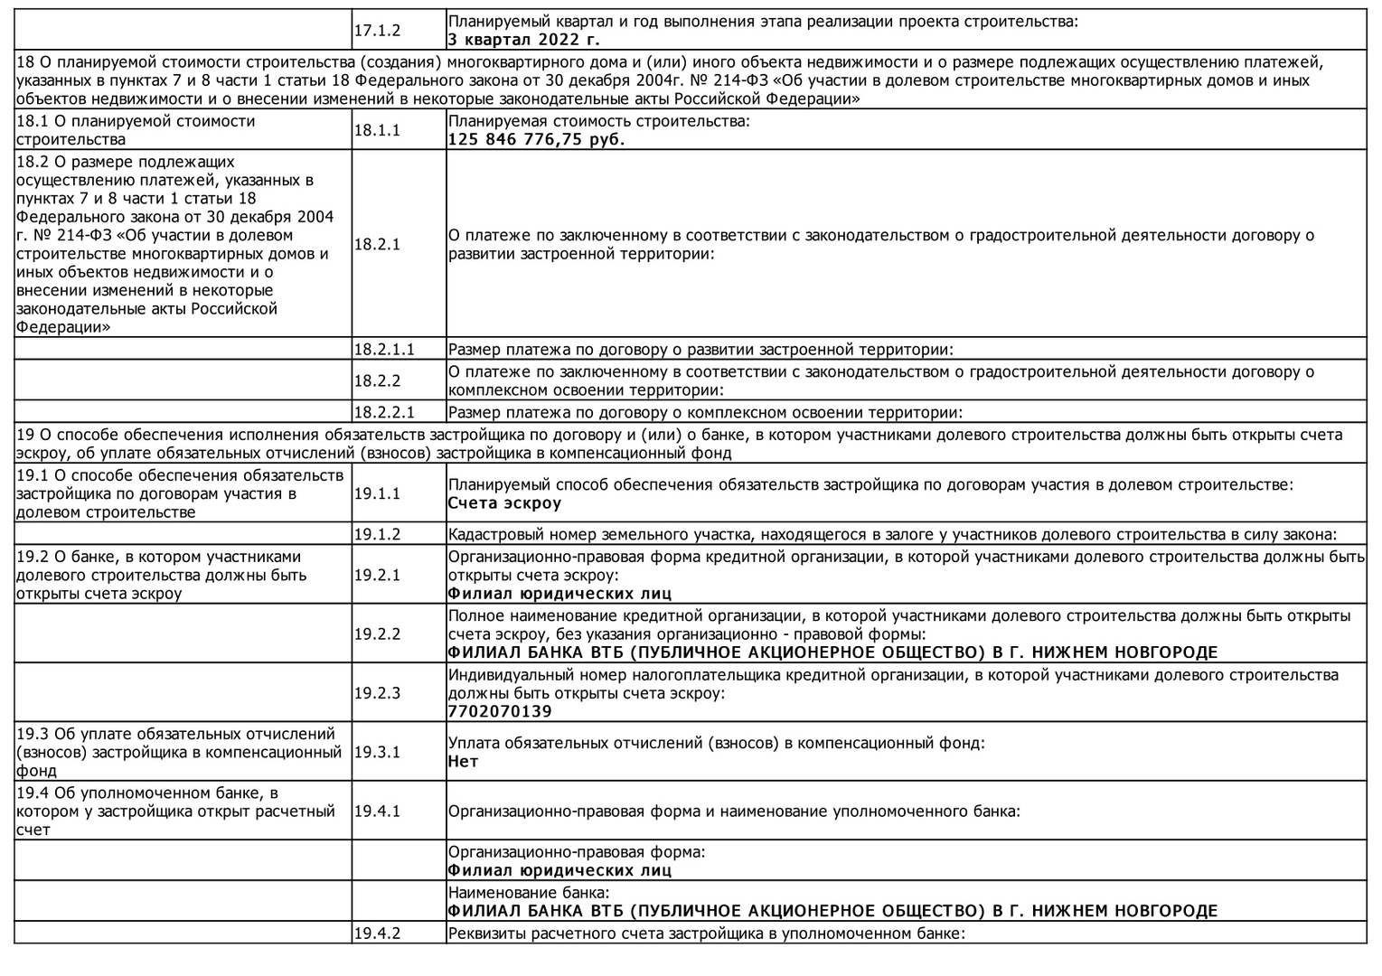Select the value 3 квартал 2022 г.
point(524,40)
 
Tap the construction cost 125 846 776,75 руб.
point(536,140)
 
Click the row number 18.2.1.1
point(383,350)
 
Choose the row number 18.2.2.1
point(383,413)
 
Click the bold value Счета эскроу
point(504,503)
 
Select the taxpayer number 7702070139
point(499,711)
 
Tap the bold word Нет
point(463,762)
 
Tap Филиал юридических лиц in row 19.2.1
point(559,594)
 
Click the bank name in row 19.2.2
point(832,652)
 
